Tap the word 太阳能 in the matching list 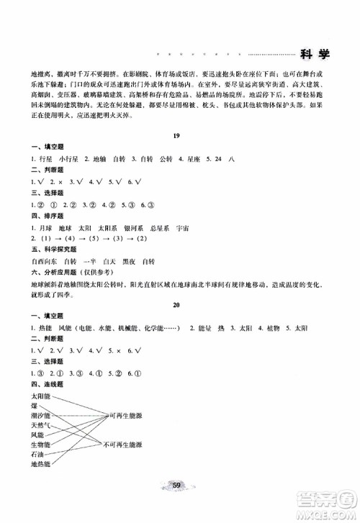pyautogui.click(x=40, y=396)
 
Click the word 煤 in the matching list pyautogui.click(x=33, y=406)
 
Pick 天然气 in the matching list pyautogui.click(x=40, y=426)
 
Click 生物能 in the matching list pyautogui.click(x=40, y=445)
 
